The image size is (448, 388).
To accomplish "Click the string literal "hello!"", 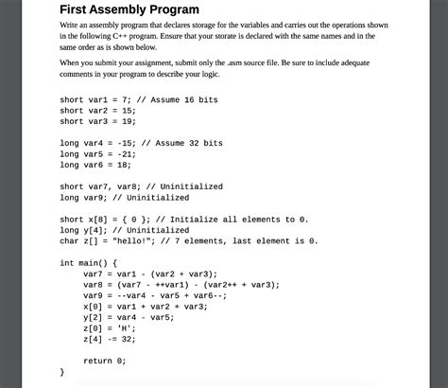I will coord(133,240).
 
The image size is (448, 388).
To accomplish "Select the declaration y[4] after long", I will coord(95,230).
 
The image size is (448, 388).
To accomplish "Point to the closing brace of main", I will coord(62,372).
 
